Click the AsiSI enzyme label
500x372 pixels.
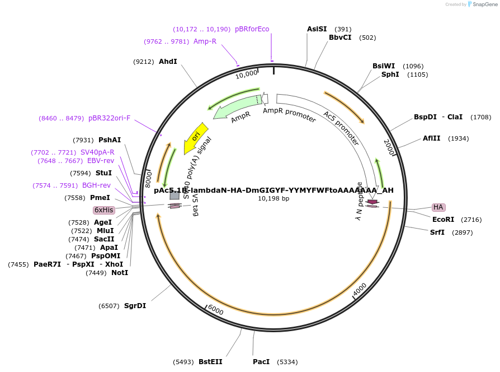(317, 29)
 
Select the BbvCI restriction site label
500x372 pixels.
(340, 38)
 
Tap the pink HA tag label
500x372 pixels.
(438, 207)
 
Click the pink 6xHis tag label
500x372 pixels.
(103, 210)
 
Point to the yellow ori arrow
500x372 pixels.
(195, 137)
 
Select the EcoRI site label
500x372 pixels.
(443, 219)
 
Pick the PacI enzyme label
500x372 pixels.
(261, 362)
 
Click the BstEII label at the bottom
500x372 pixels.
(210, 362)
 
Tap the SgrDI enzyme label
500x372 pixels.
(135, 306)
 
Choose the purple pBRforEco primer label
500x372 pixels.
(252, 29)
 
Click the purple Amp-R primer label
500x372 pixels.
(205, 41)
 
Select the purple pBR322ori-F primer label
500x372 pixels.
(109, 118)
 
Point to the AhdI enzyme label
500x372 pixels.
(168, 62)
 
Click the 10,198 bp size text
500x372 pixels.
(273, 199)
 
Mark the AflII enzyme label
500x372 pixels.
(431, 138)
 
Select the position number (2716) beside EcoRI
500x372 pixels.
(471, 220)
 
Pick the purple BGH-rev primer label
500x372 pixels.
(96, 185)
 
